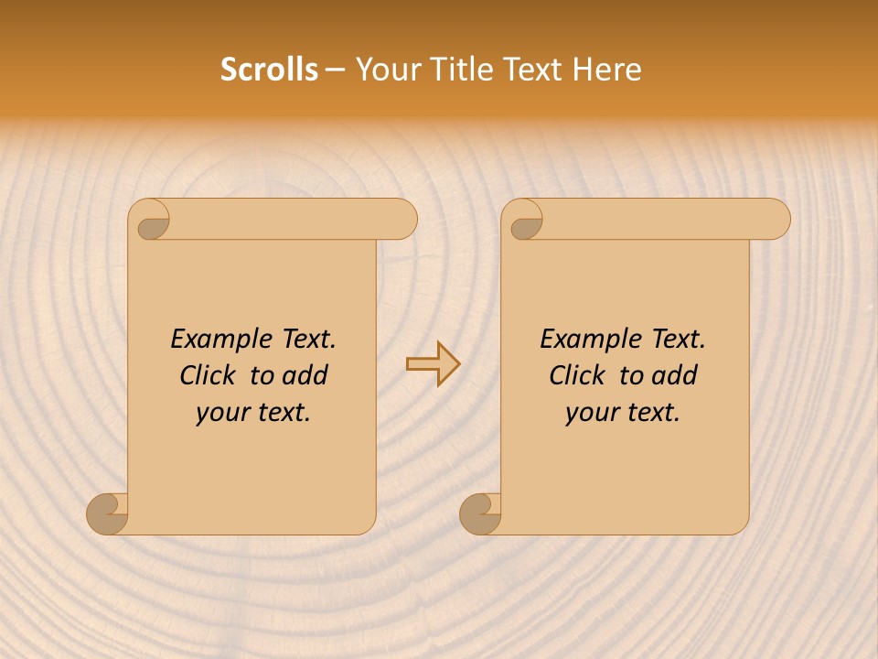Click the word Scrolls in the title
[x=269, y=70]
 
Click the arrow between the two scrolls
[x=433, y=363]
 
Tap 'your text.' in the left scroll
[x=253, y=413]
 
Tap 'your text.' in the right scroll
[x=623, y=413]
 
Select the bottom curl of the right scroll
[x=481, y=514]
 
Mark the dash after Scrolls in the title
[x=335, y=70]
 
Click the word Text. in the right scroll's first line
[x=678, y=340]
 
